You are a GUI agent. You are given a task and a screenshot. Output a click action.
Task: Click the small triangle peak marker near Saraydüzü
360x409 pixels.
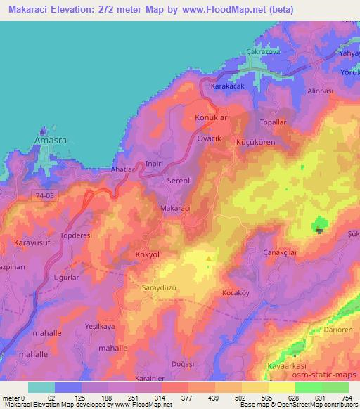click(208, 259)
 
